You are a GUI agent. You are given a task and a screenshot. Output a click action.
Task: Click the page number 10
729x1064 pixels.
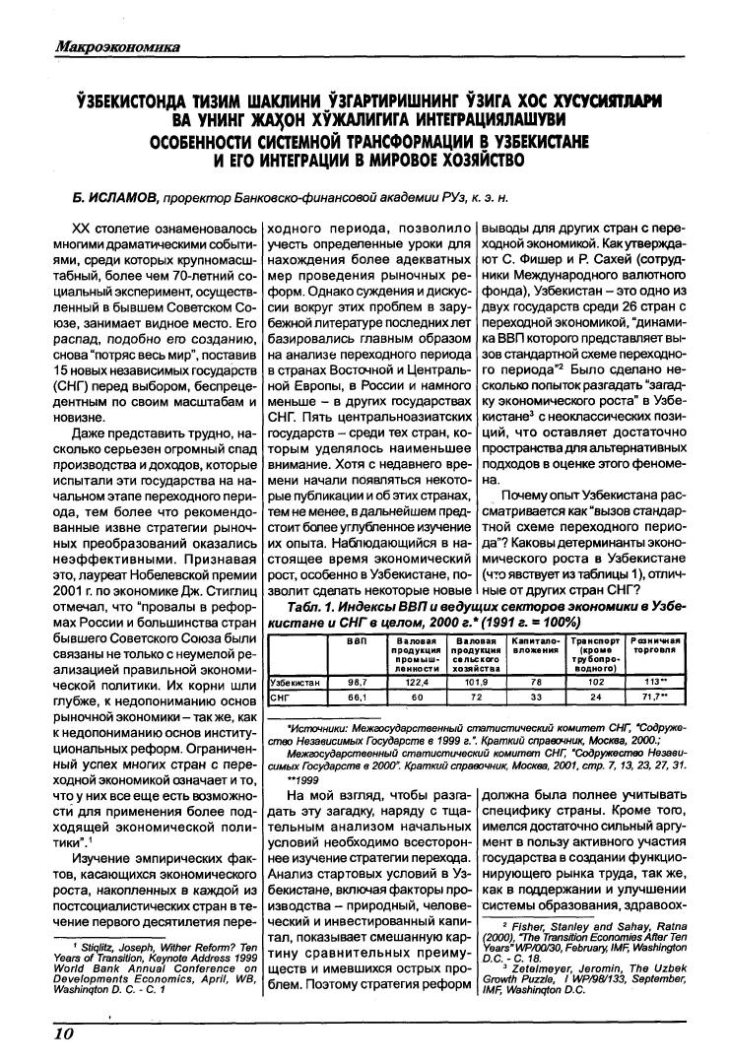pyautogui.click(x=37, y=1031)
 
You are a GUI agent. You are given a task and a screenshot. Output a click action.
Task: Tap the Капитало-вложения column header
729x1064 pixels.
pyautogui.click(x=535, y=646)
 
